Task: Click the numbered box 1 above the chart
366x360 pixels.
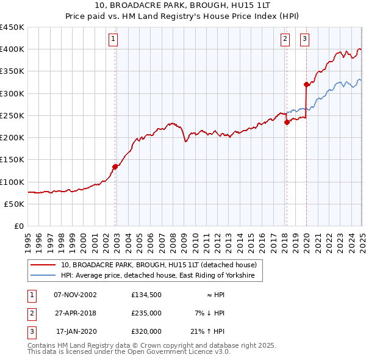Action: pyautogui.click(x=114, y=40)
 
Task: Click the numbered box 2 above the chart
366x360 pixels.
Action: pyautogui.click(x=285, y=40)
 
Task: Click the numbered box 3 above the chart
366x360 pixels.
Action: pyautogui.click(x=304, y=40)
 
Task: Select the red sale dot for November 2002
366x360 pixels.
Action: pyautogui.click(x=115, y=166)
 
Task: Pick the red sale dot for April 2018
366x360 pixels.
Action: pyautogui.click(x=287, y=122)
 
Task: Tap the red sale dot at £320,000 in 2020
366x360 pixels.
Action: pyautogui.click(x=306, y=84)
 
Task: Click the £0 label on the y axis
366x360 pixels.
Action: pyautogui.click(x=18, y=226)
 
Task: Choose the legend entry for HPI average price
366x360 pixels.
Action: pyautogui.click(x=161, y=276)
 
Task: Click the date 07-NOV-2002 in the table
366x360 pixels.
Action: pyautogui.click(x=76, y=295)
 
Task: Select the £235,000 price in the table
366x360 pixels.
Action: pyautogui.click(x=146, y=313)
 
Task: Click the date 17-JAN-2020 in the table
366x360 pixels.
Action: pyautogui.click(x=76, y=331)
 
